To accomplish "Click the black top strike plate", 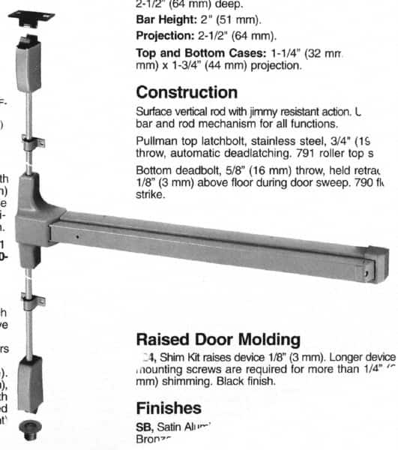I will coord(32,10).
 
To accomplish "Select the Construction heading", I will coord(187,92).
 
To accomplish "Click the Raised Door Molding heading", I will coord(218,340).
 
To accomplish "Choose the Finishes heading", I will coord(169,408).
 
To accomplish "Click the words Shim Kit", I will coord(179,356).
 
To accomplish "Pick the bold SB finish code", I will coord(144,426).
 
